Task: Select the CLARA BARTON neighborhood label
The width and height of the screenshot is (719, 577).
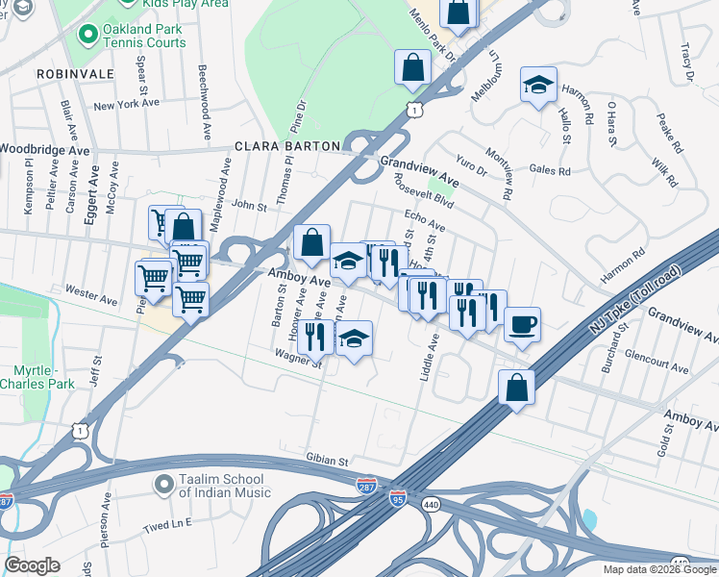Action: pyautogui.click(x=287, y=146)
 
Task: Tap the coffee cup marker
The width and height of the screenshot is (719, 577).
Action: pyautogui.click(x=522, y=325)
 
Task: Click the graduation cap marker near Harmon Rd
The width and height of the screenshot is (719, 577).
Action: pyautogui.click(x=538, y=85)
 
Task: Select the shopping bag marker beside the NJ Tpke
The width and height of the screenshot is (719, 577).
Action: pyautogui.click(x=516, y=389)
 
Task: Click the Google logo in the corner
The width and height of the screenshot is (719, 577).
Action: pyautogui.click(x=32, y=565)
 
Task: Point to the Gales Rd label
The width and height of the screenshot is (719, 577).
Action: pyautogui.click(x=550, y=171)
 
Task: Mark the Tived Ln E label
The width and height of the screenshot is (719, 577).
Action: pyautogui.click(x=168, y=525)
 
